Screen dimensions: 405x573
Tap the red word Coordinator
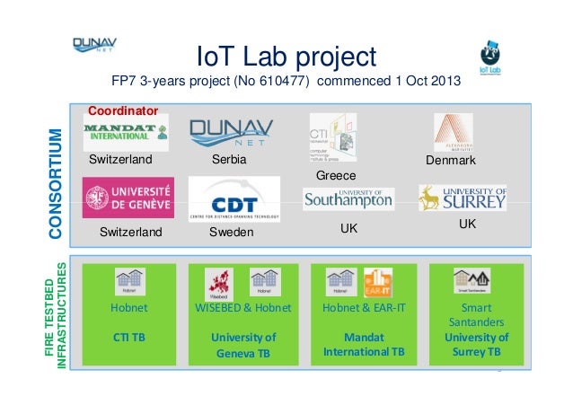(123, 111)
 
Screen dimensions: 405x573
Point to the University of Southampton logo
(348, 199)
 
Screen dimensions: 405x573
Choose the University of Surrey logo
(462, 197)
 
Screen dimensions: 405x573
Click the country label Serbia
(229, 161)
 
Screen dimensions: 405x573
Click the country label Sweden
(232, 232)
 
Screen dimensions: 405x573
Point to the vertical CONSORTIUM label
(55, 184)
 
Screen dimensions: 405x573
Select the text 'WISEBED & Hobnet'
(243, 308)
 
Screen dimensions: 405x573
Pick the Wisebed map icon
(218, 282)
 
